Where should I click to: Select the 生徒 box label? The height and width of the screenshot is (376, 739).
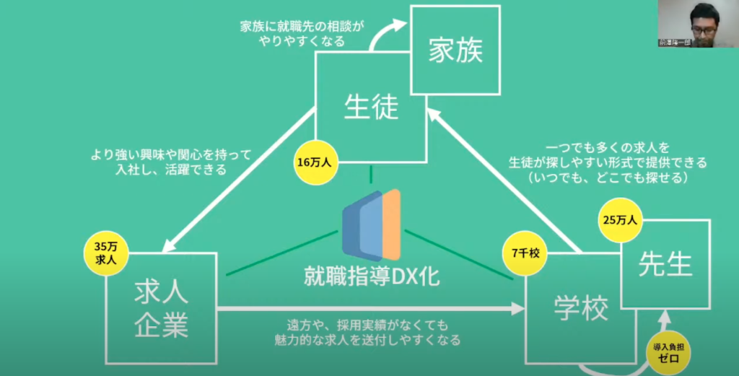370,108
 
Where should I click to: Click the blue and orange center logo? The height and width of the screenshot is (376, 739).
372,224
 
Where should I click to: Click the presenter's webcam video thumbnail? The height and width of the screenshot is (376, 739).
699,25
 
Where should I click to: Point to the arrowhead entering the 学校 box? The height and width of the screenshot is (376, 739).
517,308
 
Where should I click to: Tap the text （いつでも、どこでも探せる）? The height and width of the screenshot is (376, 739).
606,176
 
